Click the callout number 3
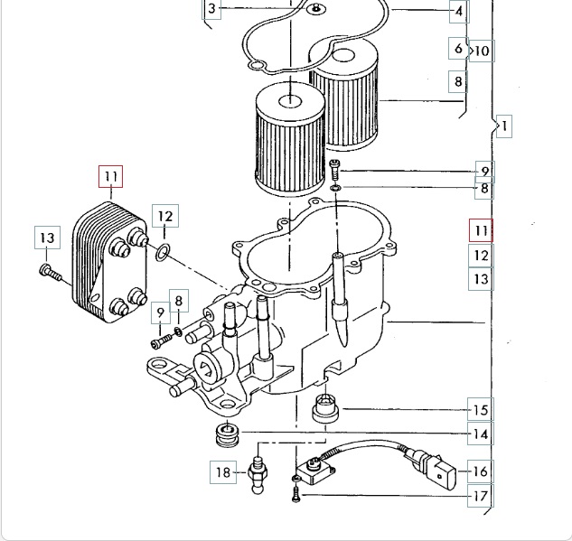point(212,8)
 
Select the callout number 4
point(458,12)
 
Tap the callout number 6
point(458,48)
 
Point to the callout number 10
point(482,51)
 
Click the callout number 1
point(504,126)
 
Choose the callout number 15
point(481,410)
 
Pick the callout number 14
point(481,434)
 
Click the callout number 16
point(481,471)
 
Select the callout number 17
point(481,496)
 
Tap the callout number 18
point(223,472)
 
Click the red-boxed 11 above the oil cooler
point(111,176)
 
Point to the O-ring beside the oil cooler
point(163,253)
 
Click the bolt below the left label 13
point(51,273)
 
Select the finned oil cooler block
point(110,263)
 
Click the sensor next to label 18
point(258,475)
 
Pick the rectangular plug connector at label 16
point(445,473)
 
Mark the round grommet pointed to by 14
point(228,434)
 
